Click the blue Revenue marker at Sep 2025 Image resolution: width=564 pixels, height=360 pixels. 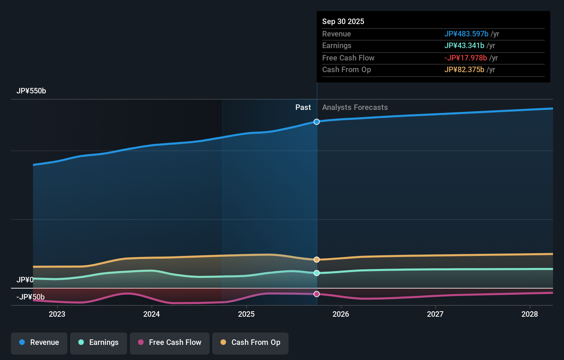coord(317,122)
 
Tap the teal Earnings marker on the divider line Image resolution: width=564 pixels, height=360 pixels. coord(317,273)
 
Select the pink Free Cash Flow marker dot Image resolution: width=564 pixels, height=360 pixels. coord(317,294)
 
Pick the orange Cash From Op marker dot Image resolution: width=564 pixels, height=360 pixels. coord(317,259)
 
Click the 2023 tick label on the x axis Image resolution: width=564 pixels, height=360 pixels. coord(57,314)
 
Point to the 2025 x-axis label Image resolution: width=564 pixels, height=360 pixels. coord(246,314)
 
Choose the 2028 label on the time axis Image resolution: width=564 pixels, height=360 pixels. coord(530,314)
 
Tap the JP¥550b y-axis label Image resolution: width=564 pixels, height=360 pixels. coord(31,91)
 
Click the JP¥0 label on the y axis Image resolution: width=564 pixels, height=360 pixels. coord(25,280)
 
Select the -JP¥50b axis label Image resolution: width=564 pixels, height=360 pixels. coord(31,297)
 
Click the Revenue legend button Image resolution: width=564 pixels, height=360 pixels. coord(39,342)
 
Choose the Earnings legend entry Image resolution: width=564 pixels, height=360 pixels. coord(99,342)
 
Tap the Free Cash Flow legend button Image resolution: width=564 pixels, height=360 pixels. coord(170,342)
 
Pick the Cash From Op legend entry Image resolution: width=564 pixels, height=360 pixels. coord(250,342)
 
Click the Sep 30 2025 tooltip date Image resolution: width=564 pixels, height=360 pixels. coord(343,22)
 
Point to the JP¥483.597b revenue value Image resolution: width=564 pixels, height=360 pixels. coord(466,34)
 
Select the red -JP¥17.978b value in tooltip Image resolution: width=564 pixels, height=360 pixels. coord(465,58)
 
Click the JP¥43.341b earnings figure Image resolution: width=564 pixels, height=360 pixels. coord(464,46)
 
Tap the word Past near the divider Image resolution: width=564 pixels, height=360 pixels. coord(303,108)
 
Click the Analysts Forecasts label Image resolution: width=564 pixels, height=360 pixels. coord(355,108)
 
